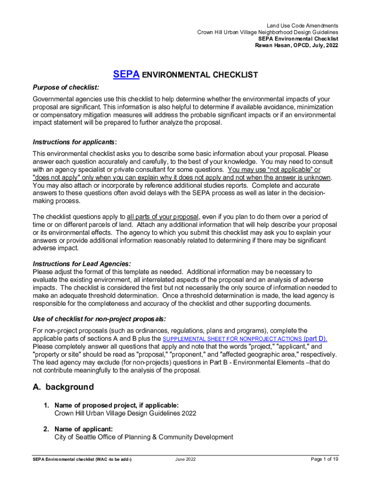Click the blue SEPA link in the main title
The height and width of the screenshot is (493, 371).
point(126,75)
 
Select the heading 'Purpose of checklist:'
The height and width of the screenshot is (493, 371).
point(66,87)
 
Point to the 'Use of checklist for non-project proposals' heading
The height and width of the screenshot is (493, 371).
point(99,319)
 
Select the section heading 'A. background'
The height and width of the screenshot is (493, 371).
point(63,387)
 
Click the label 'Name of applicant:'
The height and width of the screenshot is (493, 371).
point(84,429)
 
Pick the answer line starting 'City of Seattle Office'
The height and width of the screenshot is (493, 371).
point(144,437)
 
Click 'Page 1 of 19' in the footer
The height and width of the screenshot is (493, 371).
point(325,459)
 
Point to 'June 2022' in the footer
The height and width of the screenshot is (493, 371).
point(185,460)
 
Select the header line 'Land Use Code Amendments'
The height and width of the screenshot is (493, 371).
point(302,26)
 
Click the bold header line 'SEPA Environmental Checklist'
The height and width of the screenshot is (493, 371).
point(298,39)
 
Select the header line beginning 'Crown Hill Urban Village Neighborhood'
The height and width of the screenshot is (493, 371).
point(267,32)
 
